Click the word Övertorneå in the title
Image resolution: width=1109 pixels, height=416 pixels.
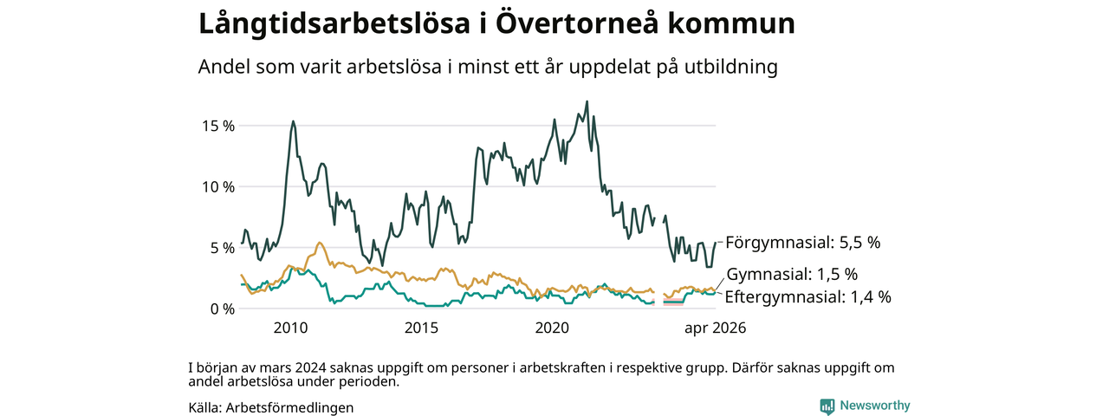(577, 23)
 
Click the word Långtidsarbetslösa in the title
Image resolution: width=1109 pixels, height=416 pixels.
(334, 23)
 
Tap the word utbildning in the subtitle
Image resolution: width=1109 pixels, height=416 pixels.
(731, 67)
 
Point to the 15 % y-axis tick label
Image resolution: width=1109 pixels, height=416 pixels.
(217, 126)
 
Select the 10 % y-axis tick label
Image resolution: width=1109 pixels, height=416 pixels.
(217, 186)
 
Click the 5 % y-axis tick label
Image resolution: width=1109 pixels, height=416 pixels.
(223, 248)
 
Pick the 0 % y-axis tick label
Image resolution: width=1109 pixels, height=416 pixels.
(223, 309)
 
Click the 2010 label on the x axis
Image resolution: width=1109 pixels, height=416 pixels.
(290, 328)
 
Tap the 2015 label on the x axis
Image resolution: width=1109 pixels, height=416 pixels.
(421, 328)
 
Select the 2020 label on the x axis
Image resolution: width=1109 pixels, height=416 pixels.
(552, 328)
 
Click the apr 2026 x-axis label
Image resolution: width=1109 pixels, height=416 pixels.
(716, 328)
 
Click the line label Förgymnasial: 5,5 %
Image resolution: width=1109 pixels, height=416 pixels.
(803, 243)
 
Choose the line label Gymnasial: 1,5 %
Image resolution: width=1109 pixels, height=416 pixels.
(792, 274)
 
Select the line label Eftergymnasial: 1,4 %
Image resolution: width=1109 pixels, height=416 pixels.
(808, 296)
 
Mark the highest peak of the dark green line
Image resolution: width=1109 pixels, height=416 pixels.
(587, 101)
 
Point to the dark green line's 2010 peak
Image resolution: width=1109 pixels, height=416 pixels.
(294, 120)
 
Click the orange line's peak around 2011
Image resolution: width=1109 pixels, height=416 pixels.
(320, 242)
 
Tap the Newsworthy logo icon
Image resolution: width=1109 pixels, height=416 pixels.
(827, 406)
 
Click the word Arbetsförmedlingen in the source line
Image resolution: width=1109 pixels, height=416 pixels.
(289, 407)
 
